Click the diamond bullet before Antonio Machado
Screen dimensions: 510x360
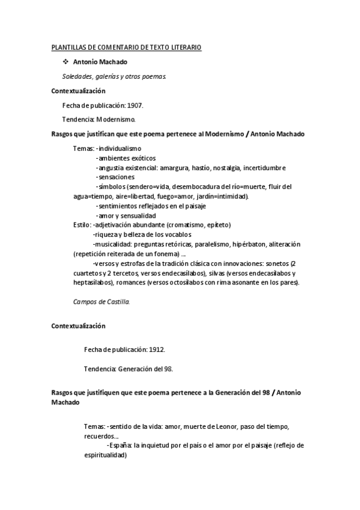point(66,62)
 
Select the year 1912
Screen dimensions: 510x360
point(156,349)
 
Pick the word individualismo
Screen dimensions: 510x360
point(120,147)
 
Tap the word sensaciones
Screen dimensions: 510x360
point(117,177)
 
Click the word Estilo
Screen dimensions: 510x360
point(81,225)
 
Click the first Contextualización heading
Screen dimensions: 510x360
point(79,91)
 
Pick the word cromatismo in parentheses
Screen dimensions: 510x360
point(178,225)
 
